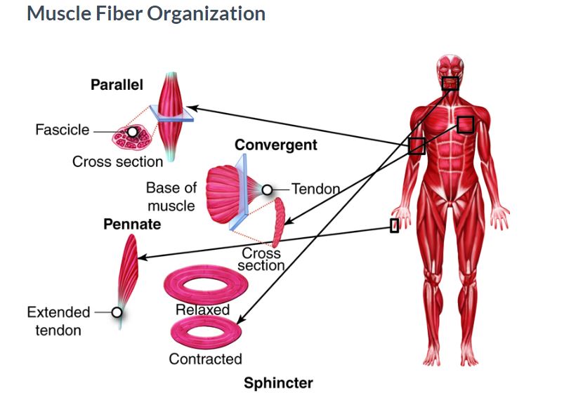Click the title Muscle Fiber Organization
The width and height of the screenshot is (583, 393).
point(146,13)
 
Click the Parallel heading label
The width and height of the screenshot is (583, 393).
point(117,85)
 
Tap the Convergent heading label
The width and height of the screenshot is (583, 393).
point(276,145)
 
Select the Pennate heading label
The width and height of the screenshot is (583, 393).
point(132,225)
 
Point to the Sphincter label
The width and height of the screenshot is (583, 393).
point(278,382)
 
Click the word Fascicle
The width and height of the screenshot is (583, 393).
point(63,130)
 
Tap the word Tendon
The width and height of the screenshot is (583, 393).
point(315,189)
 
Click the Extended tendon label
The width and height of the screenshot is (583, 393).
point(58,321)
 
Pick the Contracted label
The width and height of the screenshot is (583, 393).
point(205,359)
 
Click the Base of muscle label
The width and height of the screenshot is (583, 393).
point(171,197)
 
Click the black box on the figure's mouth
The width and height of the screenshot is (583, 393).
point(450,84)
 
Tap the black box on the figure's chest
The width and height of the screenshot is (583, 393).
point(465,124)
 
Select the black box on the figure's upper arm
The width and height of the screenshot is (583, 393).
point(417,146)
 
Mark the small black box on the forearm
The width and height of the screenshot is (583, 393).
point(395,225)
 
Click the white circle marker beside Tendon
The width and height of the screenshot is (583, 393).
point(267,189)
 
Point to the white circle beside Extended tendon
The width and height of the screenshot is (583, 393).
point(117,312)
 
